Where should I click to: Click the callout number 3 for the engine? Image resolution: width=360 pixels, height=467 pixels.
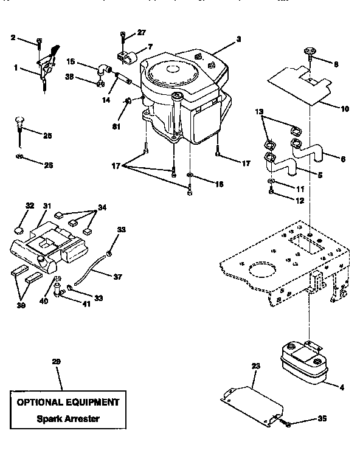pyautogui.click(x=239, y=39)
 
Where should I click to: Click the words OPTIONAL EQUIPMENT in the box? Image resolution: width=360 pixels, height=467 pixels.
pyautogui.click(x=67, y=403)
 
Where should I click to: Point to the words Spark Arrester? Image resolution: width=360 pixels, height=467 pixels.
pyautogui.click(x=67, y=418)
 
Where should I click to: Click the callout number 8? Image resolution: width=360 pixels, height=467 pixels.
pyautogui.click(x=336, y=63)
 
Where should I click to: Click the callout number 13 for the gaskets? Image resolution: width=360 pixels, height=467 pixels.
pyautogui.click(x=260, y=112)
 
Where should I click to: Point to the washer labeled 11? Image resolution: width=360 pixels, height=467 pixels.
pyautogui.click(x=272, y=182)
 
